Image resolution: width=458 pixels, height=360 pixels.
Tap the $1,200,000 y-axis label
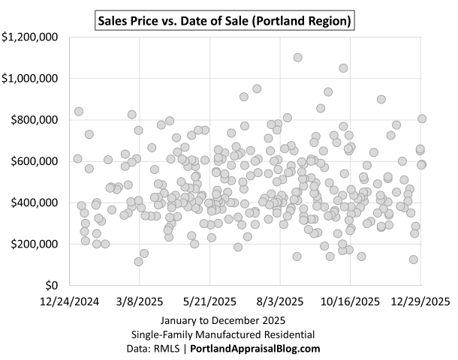click(32, 36)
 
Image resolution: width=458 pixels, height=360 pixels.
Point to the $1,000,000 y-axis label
click(32, 78)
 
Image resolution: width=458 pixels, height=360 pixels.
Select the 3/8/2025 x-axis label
click(141, 301)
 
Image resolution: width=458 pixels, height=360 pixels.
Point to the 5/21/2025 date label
click(210, 301)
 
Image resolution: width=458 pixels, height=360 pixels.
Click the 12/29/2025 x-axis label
click(417, 301)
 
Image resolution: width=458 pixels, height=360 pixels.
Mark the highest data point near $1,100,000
click(297, 57)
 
